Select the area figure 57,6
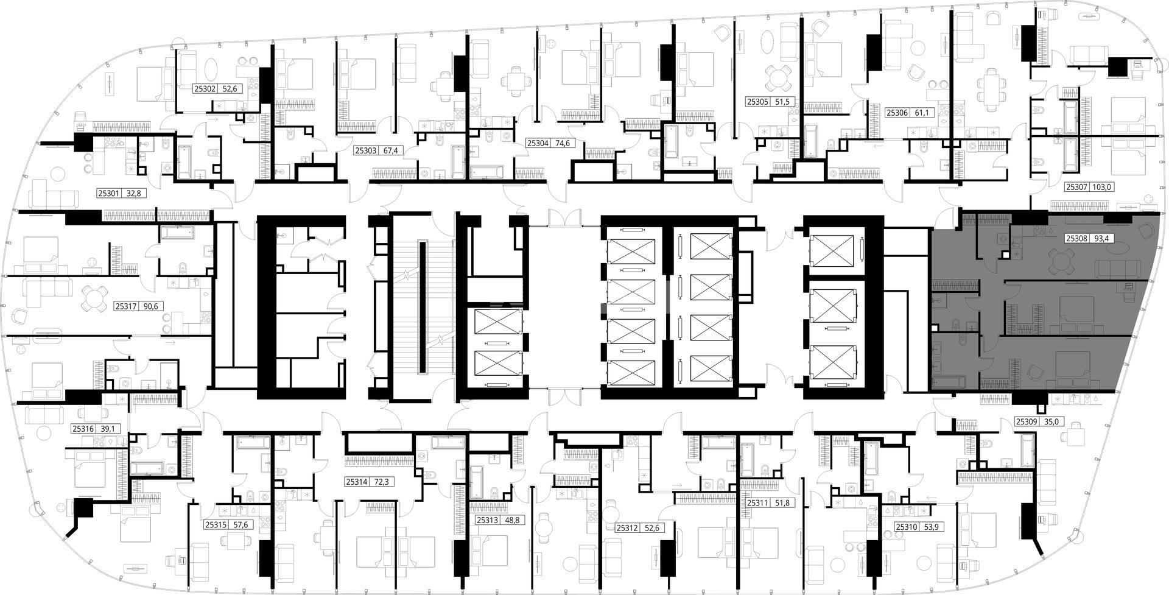tap(242, 524)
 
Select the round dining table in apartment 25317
tap(94, 299)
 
